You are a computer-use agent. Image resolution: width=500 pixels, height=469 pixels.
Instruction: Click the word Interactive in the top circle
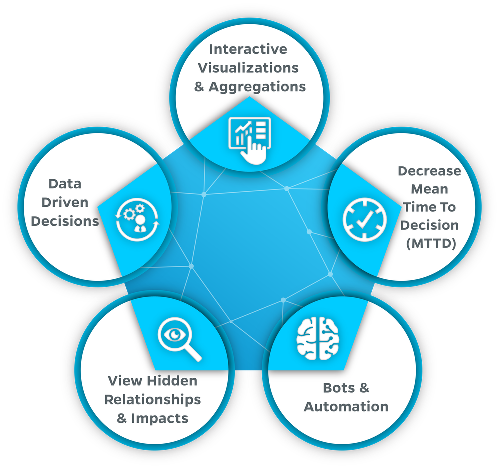click(x=248, y=49)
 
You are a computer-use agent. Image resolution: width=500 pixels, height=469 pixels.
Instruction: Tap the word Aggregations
click(x=257, y=86)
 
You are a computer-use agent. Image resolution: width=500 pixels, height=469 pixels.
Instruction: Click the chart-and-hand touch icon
click(x=250, y=137)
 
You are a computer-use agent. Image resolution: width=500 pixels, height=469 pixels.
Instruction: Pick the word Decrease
click(x=429, y=171)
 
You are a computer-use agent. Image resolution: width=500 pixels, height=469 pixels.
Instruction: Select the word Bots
click(x=339, y=388)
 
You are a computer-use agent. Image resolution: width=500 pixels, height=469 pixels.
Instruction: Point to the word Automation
click(x=346, y=406)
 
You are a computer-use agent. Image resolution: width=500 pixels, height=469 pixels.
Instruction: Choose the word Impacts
click(x=160, y=418)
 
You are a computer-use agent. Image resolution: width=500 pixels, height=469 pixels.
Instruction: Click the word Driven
click(x=65, y=202)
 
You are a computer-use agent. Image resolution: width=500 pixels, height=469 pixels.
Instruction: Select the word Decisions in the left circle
click(x=65, y=221)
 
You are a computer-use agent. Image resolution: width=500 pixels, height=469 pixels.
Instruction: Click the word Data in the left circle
click(x=65, y=184)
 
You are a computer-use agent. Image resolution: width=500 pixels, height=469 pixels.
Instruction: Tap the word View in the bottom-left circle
click(x=125, y=381)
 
